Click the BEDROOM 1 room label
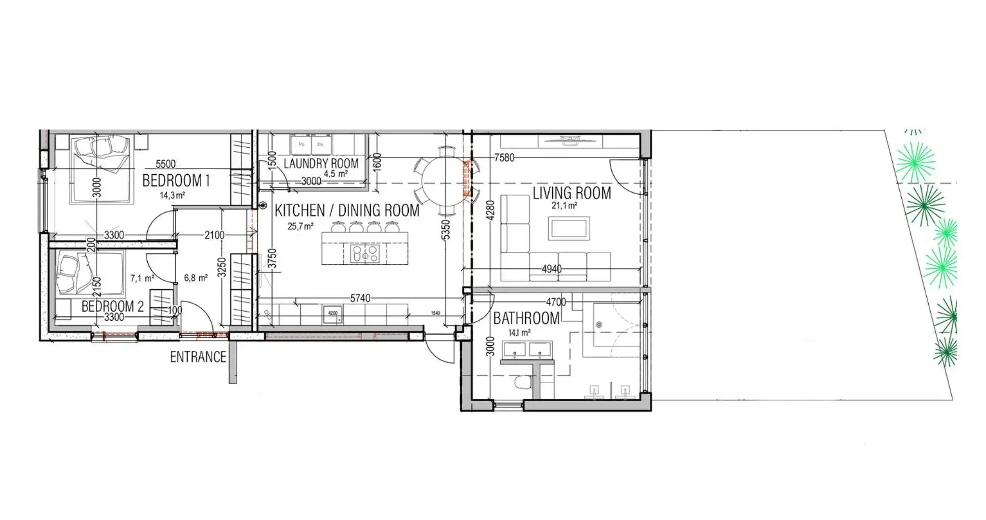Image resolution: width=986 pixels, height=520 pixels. [x=176, y=181]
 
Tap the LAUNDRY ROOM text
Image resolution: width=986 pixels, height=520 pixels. [x=321, y=164]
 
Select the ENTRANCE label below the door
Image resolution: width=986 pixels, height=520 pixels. [x=198, y=357]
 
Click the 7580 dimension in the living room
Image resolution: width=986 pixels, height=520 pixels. [x=504, y=157]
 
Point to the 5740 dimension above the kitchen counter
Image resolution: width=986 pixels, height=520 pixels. [x=360, y=299]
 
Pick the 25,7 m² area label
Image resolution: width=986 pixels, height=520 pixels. [x=300, y=226]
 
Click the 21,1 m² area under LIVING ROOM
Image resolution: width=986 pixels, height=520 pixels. [x=564, y=206]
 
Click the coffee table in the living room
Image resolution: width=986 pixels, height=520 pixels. [x=569, y=228]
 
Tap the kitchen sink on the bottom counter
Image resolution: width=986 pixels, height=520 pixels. [x=333, y=314]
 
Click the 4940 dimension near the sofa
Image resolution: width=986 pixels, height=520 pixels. [x=551, y=269]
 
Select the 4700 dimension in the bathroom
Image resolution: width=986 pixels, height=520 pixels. [x=556, y=302]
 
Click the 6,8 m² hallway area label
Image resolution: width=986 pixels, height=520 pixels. [x=195, y=278]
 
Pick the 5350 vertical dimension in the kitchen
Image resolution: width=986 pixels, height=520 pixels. [x=446, y=230]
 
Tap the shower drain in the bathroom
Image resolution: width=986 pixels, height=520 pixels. [x=599, y=325]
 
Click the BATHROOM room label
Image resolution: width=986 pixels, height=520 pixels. [x=526, y=318]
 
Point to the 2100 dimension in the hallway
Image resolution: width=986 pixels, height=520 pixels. [x=214, y=235]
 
